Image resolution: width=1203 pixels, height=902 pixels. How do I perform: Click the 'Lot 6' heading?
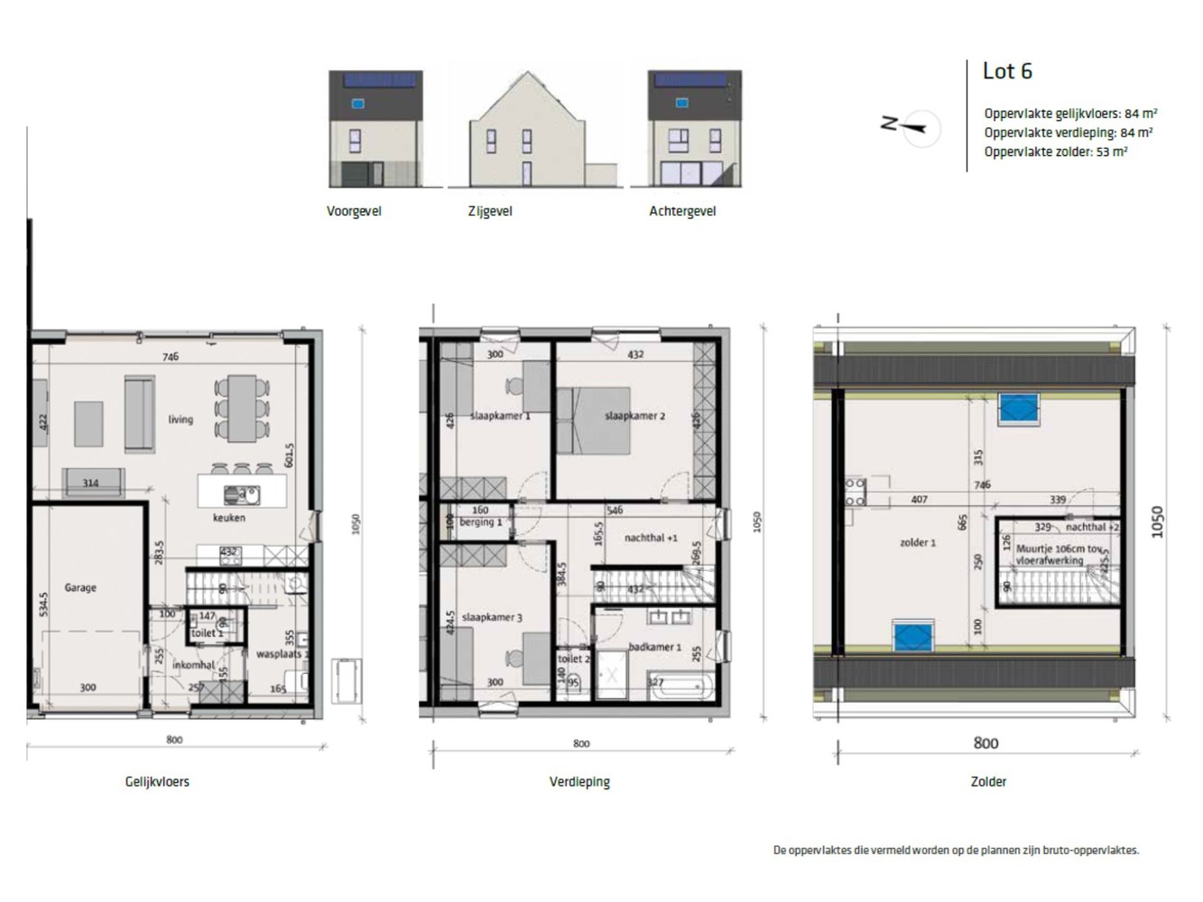(1007, 71)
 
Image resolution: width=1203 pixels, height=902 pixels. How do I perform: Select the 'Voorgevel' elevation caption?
(354, 211)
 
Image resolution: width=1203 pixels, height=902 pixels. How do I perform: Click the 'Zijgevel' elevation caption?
(490, 211)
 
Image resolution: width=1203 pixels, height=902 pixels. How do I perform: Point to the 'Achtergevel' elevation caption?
(682, 211)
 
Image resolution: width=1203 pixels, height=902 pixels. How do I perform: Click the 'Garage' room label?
(80, 587)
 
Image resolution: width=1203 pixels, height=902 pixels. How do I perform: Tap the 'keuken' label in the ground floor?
(229, 518)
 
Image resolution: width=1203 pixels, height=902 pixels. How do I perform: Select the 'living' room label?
(180, 419)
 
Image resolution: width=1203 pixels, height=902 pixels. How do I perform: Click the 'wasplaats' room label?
(278, 653)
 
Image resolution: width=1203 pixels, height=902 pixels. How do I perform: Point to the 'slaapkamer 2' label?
(634, 416)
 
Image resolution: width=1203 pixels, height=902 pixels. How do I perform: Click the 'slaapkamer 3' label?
(492, 617)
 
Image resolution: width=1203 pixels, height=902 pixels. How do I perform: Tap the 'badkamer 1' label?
(655, 647)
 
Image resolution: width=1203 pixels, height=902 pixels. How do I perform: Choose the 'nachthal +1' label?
(651, 538)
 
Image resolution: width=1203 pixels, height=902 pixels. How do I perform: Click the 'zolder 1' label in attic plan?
(918, 542)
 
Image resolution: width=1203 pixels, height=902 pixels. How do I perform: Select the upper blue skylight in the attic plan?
(1019, 410)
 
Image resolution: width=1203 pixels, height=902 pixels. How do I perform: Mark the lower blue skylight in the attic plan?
(912, 636)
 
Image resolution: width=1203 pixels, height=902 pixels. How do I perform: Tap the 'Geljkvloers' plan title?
(157, 782)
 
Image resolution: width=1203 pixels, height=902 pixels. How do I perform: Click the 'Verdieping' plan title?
(579, 782)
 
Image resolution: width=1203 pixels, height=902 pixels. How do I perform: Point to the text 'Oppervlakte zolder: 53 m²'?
(1055, 152)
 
